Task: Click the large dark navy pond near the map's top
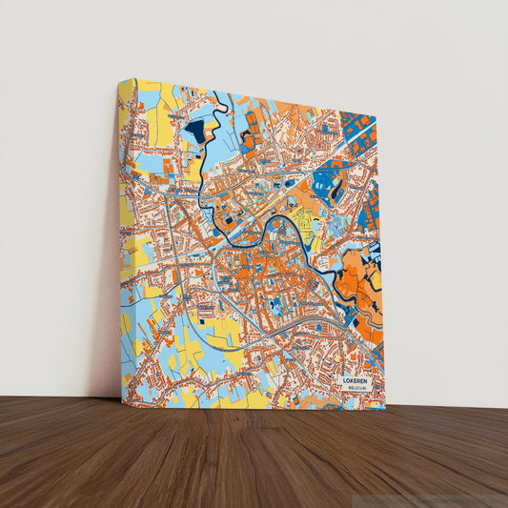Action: [195, 131]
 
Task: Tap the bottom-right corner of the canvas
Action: [385, 408]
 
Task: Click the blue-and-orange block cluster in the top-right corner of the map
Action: [358, 129]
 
